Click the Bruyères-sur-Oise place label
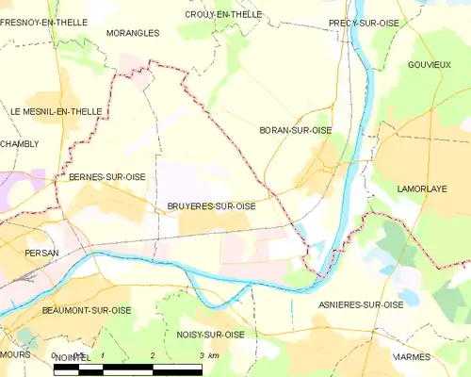click(x=212, y=206)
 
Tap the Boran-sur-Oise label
click(x=295, y=130)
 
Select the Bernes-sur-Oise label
click(x=107, y=176)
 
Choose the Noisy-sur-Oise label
click(x=210, y=335)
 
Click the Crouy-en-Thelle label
click(x=223, y=14)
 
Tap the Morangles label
click(x=133, y=32)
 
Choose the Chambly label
click(x=20, y=143)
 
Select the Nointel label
click(x=72, y=357)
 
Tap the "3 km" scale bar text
click(x=209, y=355)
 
